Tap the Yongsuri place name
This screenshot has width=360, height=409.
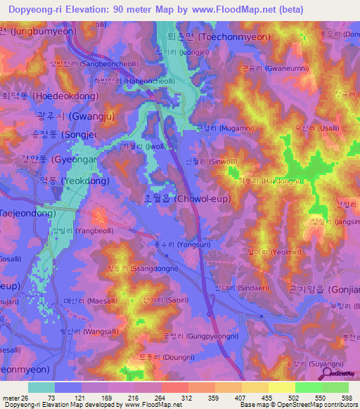click(x=192, y=246)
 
